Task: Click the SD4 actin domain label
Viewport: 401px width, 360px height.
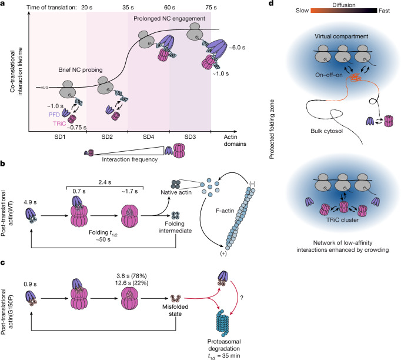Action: point(149,137)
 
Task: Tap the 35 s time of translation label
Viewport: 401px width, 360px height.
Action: point(128,8)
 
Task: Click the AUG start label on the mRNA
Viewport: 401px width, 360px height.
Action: point(45,88)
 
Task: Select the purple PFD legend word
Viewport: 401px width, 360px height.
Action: point(54,115)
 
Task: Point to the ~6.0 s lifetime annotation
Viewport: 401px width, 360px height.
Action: point(237,48)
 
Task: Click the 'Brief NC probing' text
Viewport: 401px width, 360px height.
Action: point(81,70)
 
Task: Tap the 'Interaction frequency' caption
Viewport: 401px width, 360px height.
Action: point(130,159)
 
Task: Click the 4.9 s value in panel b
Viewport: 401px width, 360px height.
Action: point(30,202)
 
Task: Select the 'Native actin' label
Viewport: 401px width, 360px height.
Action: point(176,192)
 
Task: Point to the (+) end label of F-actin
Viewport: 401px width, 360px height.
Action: point(223,254)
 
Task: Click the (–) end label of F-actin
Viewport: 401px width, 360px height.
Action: point(252,184)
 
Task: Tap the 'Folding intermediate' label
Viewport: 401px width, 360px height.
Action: point(175,227)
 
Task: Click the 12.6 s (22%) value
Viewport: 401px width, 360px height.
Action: point(132,283)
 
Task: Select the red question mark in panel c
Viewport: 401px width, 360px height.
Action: point(242,298)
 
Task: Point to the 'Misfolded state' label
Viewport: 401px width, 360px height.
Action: point(175,310)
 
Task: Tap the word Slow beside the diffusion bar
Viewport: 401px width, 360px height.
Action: point(302,11)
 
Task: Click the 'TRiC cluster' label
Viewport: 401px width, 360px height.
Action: point(342,220)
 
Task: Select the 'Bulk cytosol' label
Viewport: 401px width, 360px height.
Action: point(326,131)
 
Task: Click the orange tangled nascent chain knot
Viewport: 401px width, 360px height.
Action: point(355,77)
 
